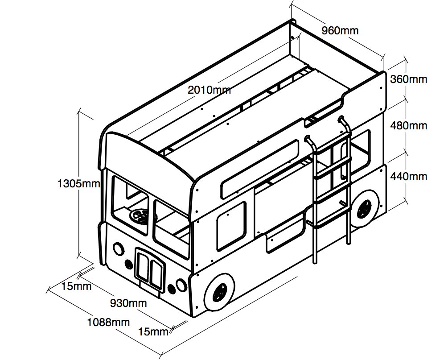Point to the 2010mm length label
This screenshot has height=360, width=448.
pos(209,89)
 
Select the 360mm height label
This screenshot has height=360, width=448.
pos(408,79)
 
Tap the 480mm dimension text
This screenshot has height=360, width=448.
pos(408,126)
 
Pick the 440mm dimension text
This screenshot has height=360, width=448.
pos(408,176)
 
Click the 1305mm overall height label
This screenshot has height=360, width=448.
pos(78,183)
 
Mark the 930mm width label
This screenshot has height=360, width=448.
pos(128,303)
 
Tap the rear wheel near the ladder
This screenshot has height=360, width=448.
pos(364,209)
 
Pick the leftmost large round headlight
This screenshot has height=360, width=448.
pos(119,248)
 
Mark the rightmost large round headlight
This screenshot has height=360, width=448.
pos(180,284)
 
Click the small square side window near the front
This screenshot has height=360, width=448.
pos(231,222)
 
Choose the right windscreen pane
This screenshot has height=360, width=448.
pos(171,228)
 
